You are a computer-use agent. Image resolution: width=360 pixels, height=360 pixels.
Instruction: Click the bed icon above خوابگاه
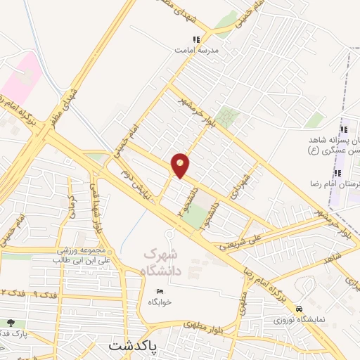point(160,291)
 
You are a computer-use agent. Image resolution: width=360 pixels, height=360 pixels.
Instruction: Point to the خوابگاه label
point(160,302)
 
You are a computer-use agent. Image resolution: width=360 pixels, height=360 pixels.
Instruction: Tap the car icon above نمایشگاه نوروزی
point(300,309)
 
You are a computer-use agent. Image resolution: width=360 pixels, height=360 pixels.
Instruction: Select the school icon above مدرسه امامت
point(196,39)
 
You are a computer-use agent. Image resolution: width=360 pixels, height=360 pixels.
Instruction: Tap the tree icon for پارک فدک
point(9,323)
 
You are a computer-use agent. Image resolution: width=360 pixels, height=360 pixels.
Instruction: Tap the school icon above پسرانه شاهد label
point(344,129)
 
